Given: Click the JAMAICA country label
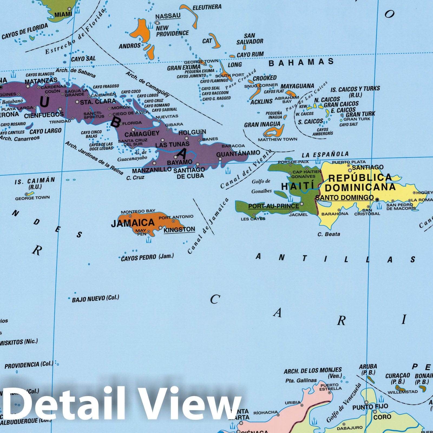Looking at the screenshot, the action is (133, 223).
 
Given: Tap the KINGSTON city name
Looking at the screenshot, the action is (179, 229).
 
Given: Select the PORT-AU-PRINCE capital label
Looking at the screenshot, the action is (274, 206).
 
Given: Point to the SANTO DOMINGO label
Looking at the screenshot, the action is (345, 198).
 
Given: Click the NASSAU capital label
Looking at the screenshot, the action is (168, 16).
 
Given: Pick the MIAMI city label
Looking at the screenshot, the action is (63, 14).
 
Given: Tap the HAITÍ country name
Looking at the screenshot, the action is (298, 186).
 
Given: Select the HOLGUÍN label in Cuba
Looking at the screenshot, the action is (192, 132).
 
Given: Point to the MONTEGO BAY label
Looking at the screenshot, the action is (138, 211).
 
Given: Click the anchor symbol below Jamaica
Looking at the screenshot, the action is (148, 240).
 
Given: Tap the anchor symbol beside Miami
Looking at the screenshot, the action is (77, 10).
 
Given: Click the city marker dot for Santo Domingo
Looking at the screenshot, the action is (377, 199).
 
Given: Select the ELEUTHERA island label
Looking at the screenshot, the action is (207, 7).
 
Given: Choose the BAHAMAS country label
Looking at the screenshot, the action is (301, 63).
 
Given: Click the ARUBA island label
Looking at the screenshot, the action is (368, 367).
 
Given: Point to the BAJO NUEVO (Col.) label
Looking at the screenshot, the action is (95, 298).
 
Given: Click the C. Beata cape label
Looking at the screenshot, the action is (329, 234).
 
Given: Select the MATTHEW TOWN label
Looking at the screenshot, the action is (277, 139).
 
